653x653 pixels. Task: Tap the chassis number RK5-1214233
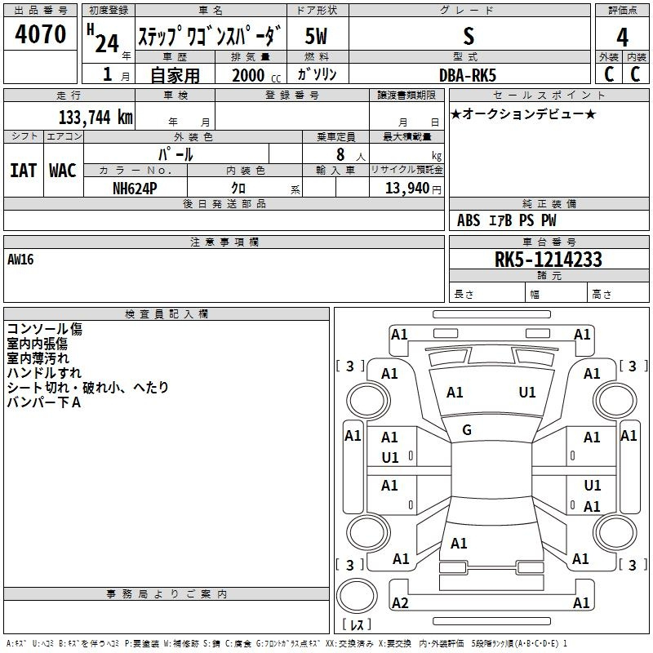click(549, 260)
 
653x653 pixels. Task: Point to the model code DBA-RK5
click(466, 74)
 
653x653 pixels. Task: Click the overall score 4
click(622, 38)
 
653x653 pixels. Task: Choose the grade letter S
click(468, 37)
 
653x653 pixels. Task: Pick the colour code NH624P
click(136, 187)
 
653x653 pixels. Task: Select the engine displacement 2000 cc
click(249, 75)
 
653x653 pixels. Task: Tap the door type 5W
click(317, 37)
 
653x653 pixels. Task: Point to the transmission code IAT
click(24, 171)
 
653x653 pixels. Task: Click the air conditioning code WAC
click(63, 171)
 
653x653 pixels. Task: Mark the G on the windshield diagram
click(467, 430)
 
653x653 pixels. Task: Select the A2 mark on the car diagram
click(400, 603)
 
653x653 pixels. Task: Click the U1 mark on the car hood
click(527, 393)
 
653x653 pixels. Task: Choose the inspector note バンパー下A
click(44, 402)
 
